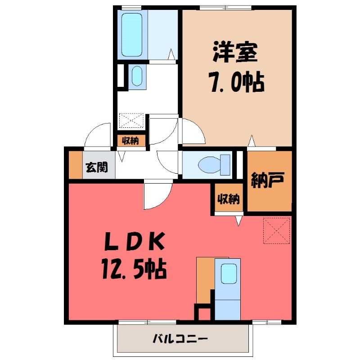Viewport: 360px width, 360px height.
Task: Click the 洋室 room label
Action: point(235,52)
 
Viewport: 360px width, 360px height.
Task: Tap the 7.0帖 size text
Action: point(238,82)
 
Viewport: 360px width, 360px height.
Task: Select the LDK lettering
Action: point(135,241)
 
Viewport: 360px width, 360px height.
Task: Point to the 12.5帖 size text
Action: point(134,269)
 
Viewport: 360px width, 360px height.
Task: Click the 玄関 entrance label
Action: point(97,167)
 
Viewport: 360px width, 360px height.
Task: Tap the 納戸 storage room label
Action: point(268,180)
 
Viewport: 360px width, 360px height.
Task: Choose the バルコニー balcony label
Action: point(180,339)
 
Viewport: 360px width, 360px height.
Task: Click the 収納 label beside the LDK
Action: point(229,199)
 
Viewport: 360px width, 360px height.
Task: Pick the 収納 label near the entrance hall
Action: point(130,140)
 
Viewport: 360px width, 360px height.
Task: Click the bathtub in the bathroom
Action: point(132,35)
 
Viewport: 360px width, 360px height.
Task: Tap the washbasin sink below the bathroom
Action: point(137,76)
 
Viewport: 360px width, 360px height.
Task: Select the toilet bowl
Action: point(214,165)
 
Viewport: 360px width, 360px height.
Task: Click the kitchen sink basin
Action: point(229,274)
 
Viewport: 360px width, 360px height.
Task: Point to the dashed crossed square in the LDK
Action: point(276,230)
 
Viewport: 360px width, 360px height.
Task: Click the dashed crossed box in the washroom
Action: point(131,121)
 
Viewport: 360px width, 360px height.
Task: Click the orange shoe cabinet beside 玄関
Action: point(76,165)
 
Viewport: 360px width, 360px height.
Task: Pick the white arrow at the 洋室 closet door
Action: point(252,141)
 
